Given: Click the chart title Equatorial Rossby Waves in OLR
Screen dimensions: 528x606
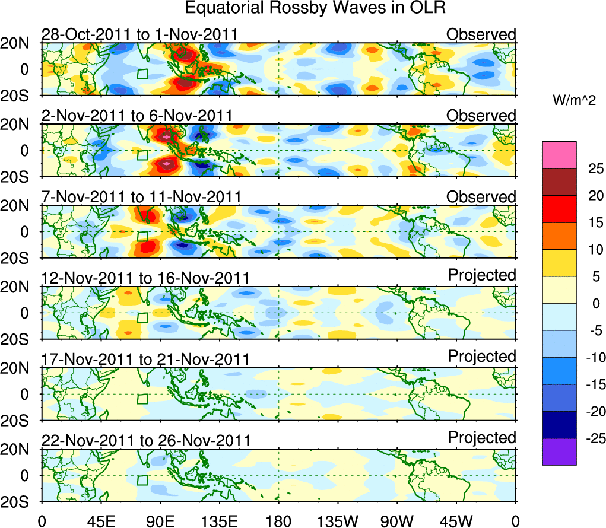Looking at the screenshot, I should [x=315, y=8].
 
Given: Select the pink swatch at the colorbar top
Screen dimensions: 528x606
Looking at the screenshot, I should [x=559, y=155].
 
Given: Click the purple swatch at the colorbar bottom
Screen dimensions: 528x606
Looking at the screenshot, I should [x=559, y=451].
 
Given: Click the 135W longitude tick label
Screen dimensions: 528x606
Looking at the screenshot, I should [x=338, y=521].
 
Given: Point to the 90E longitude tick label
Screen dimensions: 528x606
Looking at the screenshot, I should [x=160, y=521].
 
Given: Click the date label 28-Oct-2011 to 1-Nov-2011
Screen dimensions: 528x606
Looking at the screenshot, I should [x=139, y=34].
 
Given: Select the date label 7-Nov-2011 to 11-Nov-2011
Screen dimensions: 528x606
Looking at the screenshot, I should [x=141, y=196].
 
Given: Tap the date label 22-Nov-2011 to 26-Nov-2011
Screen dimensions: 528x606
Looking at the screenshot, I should [x=145, y=441].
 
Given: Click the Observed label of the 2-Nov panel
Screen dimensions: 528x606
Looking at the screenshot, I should [x=481, y=116].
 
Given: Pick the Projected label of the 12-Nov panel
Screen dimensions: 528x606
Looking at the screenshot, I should [x=482, y=275].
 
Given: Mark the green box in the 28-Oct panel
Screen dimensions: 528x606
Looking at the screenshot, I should [x=142, y=74].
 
